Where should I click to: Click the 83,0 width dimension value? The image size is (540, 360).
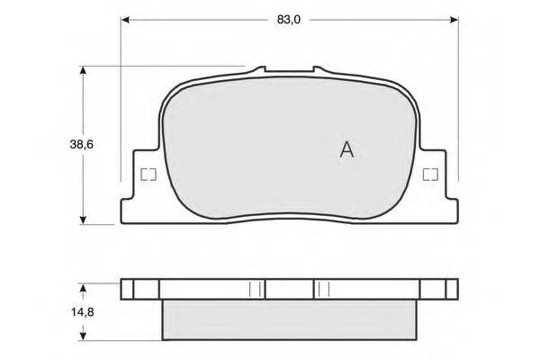coord(289,20)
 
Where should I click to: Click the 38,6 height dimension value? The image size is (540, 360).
coord(82,145)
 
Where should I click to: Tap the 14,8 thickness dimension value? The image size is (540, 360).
coord(83,312)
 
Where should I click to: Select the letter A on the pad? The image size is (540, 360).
coord(346,150)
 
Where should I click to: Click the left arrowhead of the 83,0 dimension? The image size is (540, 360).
coord(125,20)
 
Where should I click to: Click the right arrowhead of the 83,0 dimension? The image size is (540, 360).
coord(454,20)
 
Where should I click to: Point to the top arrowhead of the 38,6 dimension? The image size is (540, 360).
coord(83,70)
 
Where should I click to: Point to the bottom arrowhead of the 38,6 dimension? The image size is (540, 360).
coord(83,220)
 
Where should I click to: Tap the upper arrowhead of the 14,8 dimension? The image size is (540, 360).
coord(83,288)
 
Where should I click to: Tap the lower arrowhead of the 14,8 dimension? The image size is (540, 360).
coord(83,337)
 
